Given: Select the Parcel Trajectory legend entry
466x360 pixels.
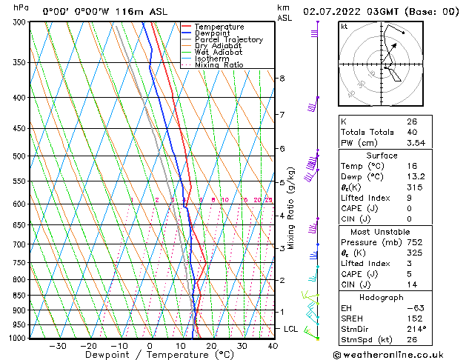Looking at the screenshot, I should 228,40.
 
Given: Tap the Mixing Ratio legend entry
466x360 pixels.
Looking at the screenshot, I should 219,65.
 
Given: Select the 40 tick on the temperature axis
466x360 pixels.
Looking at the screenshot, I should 273,345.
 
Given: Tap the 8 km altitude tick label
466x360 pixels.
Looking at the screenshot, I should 282,79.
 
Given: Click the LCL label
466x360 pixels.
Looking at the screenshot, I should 291,328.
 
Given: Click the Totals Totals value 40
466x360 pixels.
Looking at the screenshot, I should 412,132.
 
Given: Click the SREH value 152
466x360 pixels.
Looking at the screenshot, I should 413,317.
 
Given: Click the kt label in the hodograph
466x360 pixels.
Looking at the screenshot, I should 344,26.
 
